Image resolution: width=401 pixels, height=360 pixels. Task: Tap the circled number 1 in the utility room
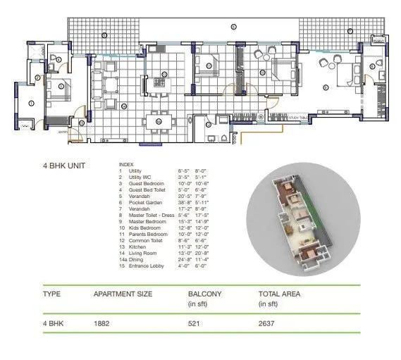pos(31,104)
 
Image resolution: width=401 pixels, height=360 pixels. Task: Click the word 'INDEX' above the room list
pos(125,166)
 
